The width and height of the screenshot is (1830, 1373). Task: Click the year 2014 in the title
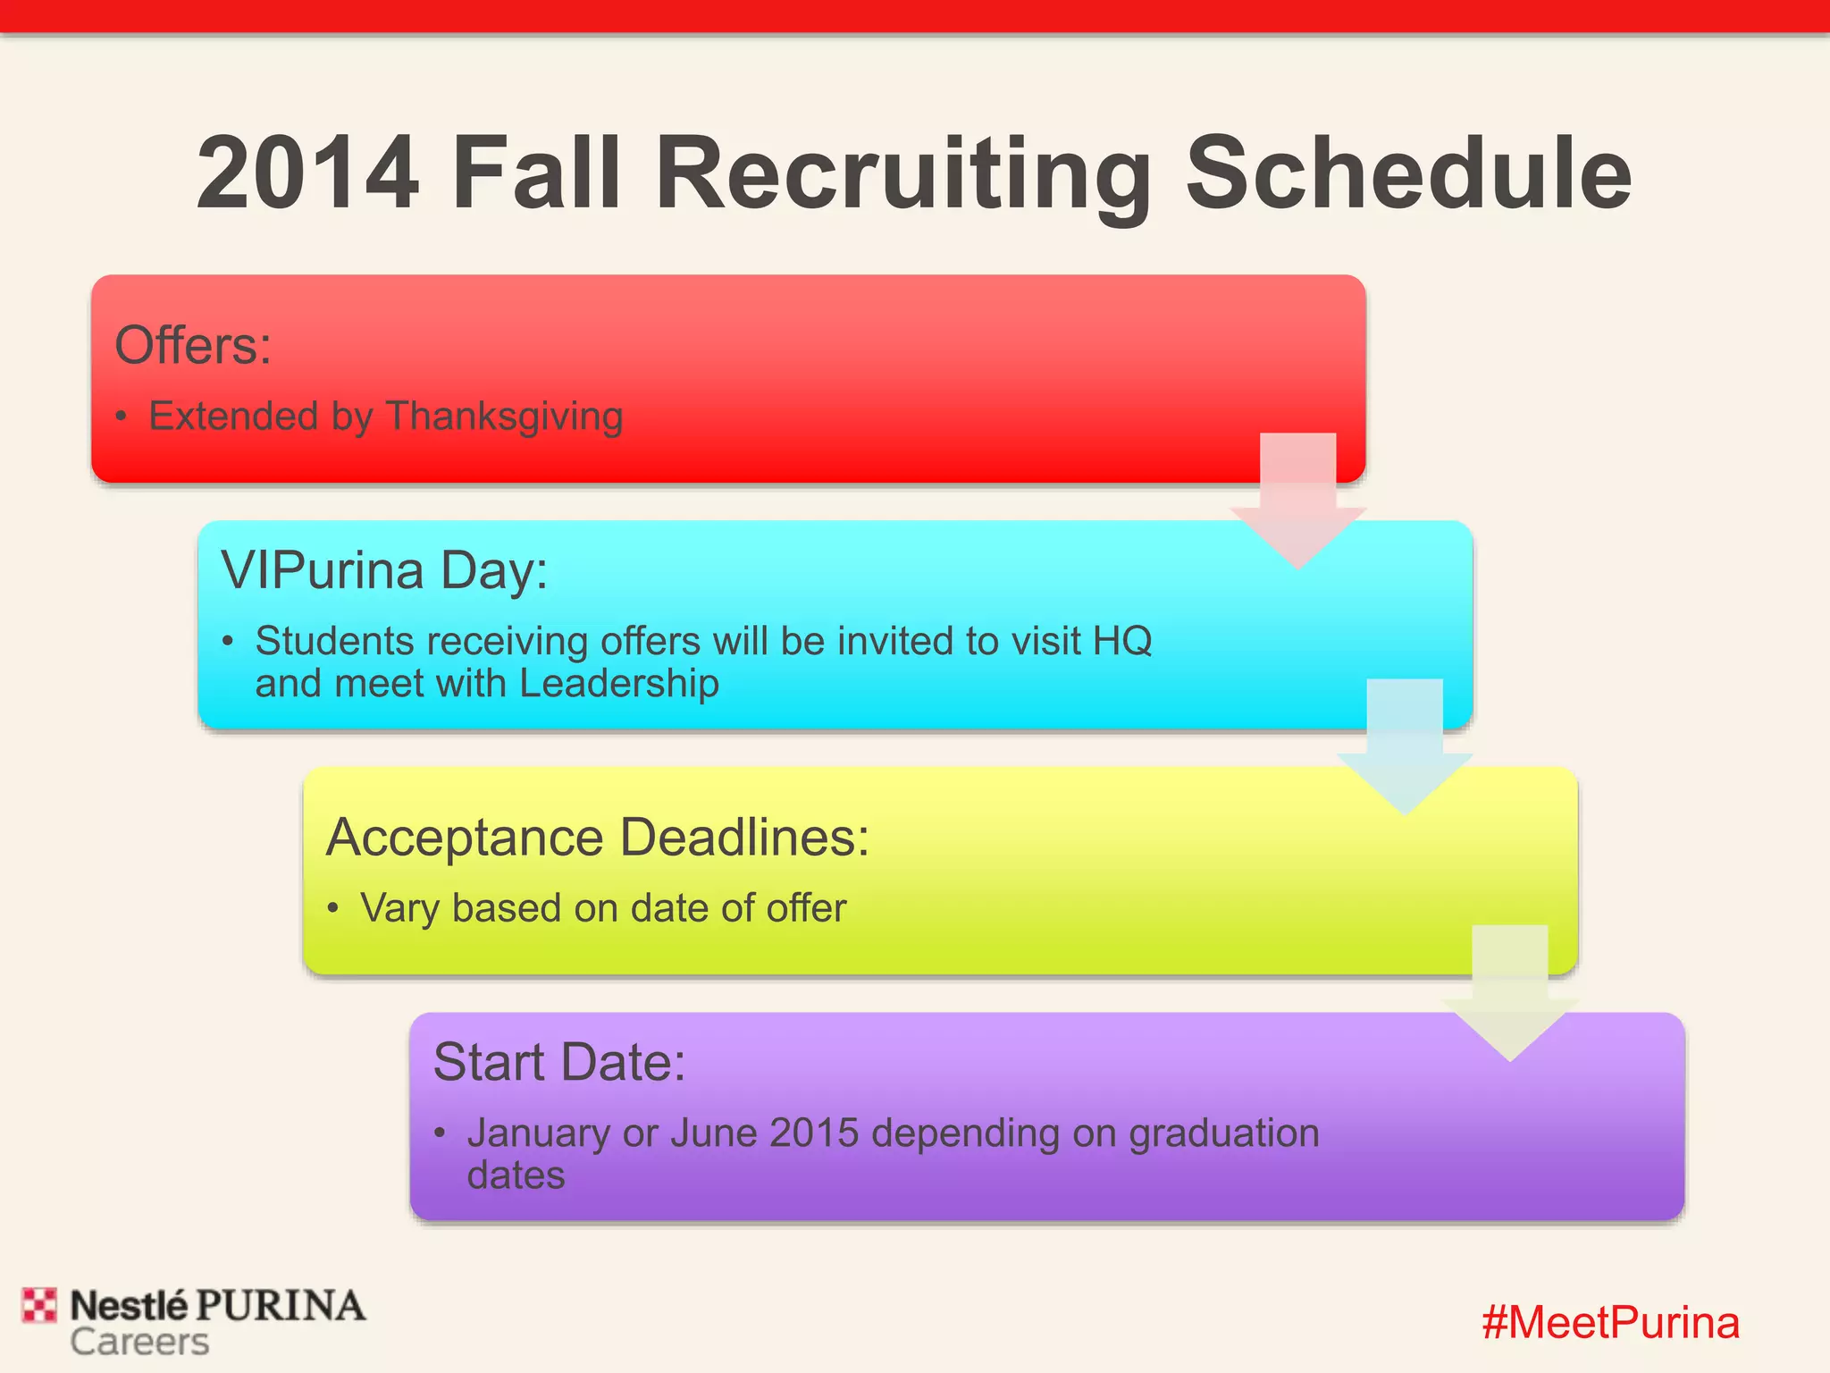(x=307, y=173)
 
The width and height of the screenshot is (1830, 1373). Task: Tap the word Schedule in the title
(x=1408, y=173)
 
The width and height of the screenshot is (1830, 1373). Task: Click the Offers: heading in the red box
(x=193, y=345)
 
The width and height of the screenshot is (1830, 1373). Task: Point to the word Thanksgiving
(x=504, y=417)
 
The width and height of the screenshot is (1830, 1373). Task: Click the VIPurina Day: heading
(x=384, y=570)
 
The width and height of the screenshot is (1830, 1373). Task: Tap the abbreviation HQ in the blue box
(x=1122, y=641)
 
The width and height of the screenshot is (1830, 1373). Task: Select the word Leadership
(x=618, y=684)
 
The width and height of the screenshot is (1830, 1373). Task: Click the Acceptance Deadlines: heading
(x=598, y=838)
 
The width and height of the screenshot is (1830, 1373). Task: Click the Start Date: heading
(x=559, y=1062)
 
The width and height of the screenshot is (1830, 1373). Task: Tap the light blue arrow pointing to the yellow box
(x=1404, y=751)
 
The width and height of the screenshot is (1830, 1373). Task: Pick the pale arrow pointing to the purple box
(x=1509, y=997)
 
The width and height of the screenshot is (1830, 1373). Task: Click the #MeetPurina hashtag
(x=1610, y=1322)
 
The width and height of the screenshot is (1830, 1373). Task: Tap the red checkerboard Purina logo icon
(x=39, y=1305)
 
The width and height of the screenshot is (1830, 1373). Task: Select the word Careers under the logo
(x=139, y=1342)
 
